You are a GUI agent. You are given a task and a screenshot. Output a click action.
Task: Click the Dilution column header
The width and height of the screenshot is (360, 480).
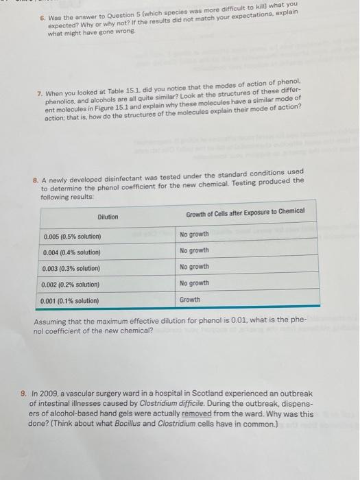coord(108,217)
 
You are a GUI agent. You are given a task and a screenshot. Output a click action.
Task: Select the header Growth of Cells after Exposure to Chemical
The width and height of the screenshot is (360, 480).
coord(245,212)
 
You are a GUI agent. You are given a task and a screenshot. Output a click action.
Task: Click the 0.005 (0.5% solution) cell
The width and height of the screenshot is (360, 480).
coord(72,237)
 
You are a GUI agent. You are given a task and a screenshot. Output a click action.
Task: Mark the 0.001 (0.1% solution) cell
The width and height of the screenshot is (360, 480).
coord(71,300)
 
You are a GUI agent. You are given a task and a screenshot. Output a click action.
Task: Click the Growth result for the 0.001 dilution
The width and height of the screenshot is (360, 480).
coord(190,300)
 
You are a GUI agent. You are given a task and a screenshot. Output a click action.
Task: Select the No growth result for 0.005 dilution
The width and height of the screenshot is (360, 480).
coord(194,235)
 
